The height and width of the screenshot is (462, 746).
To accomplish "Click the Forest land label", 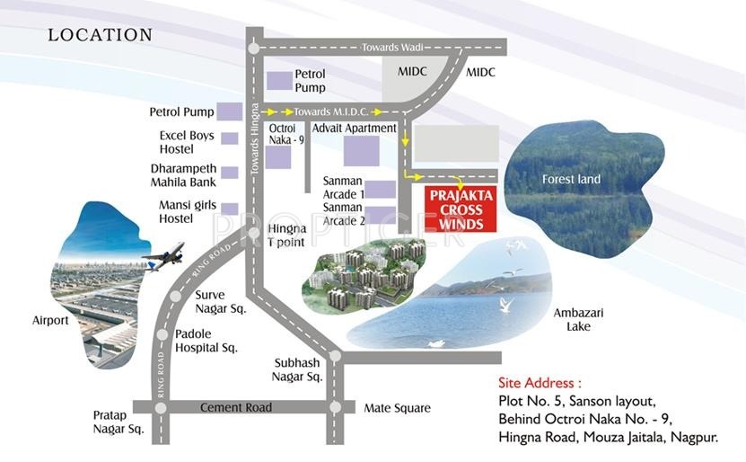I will (x=571, y=180).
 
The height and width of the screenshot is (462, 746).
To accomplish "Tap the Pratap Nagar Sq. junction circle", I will (x=162, y=408).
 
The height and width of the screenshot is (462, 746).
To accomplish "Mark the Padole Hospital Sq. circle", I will (x=162, y=335).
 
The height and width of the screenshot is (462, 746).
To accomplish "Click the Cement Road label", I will (x=235, y=408).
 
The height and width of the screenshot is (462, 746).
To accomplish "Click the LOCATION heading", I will (x=100, y=35).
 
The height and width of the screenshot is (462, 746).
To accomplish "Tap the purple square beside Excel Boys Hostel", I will (x=230, y=138).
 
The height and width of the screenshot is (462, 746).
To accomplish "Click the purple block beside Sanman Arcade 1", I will (x=381, y=189).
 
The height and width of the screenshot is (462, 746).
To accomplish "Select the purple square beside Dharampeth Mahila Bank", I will (x=230, y=173).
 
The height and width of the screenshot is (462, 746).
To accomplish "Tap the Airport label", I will (x=50, y=320).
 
